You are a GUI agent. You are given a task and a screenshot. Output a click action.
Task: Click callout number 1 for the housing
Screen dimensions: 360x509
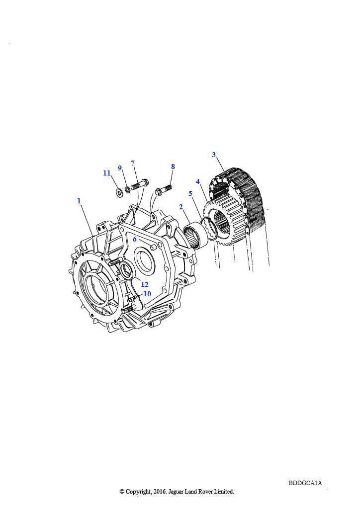(79, 201)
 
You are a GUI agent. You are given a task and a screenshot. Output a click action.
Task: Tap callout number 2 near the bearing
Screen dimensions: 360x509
(181, 207)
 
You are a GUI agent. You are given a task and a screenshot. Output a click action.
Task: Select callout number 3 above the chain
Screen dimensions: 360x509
(214, 155)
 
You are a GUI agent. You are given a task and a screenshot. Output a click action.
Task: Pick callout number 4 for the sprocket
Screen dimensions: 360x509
(198, 181)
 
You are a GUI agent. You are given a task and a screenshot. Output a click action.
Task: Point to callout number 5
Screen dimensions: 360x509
(190, 193)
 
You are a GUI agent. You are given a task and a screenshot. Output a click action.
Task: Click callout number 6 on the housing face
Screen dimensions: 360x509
(135, 239)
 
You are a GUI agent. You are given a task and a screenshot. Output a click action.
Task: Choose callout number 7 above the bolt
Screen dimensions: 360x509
(133, 163)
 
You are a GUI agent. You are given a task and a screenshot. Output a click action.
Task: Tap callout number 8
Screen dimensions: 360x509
(173, 167)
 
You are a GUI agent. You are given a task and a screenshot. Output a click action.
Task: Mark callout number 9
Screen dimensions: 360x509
(120, 168)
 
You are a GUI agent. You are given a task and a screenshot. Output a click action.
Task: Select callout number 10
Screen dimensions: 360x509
(147, 294)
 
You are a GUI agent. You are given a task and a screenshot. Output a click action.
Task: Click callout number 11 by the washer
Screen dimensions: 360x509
(107, 173)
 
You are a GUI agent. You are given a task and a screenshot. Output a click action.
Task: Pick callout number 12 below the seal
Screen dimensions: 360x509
(145, 284)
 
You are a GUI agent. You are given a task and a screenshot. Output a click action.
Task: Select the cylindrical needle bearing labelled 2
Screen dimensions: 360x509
(195, 235)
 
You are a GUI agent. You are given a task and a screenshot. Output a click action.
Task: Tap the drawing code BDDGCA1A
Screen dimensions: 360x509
(305, 483)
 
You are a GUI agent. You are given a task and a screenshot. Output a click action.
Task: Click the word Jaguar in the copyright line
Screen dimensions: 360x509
(177, 492)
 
